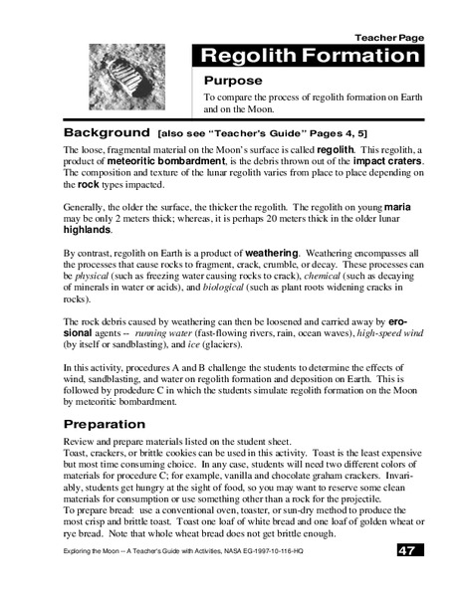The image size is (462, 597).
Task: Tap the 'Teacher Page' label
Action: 396,37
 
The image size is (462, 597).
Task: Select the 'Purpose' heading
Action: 233,80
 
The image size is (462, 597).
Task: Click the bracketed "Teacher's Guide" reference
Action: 239,132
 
